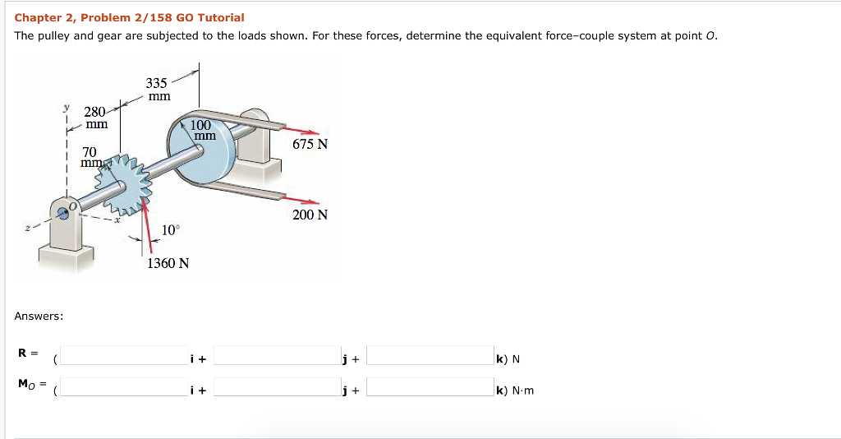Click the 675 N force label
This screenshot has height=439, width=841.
coord(310,145)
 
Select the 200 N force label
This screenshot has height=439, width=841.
coord(310,215)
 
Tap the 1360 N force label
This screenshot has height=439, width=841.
coord(168,264)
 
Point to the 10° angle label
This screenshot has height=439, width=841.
coord(169,230)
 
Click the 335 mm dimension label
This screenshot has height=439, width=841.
coord(157,90)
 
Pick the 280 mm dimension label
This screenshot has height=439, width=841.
coord(96,118)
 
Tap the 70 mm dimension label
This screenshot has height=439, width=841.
coord(89,157)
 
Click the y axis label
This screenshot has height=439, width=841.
coord(66,108)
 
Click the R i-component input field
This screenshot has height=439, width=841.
coord(124,355)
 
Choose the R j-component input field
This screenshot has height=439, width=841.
coord(278,355)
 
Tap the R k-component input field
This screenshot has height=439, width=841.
coord(430,355)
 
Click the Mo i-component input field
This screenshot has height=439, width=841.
coord(124,387)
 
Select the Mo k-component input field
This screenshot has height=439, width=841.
coord(430,387)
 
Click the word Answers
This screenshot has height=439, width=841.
coord(39,316)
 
